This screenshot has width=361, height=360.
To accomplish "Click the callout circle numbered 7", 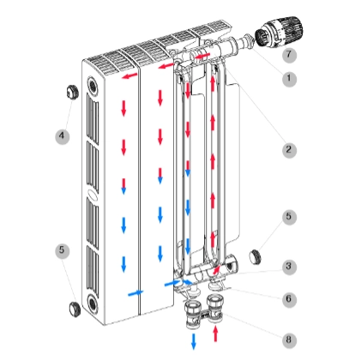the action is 289,55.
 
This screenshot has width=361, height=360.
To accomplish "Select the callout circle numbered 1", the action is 289,79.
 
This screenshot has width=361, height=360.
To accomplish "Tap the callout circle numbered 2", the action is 289,150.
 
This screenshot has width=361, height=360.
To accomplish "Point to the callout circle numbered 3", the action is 289,267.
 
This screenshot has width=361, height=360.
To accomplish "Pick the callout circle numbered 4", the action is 63,136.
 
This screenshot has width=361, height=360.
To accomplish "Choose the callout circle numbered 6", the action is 289,300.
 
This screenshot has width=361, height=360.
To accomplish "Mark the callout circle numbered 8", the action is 289,340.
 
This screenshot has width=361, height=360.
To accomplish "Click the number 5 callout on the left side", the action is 63,251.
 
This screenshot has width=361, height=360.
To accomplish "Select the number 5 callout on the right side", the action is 289,218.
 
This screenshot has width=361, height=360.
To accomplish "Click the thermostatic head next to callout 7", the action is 279,31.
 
